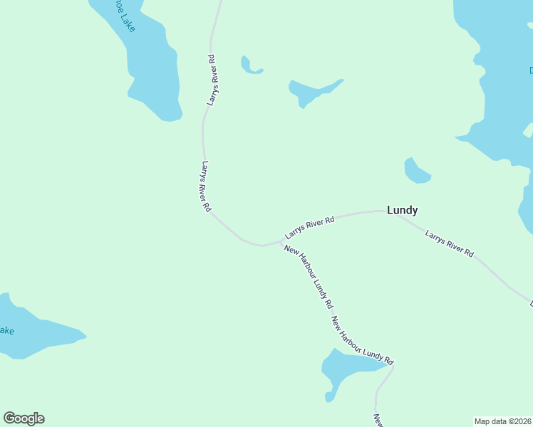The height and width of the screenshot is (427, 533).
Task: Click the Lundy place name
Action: pyautogui.click(x=402, y=210)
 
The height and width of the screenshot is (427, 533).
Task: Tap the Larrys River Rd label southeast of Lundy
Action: pyautogui.click(x=449, y=243)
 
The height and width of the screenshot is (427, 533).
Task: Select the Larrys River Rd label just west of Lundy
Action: pyautogui.click(x=309, y=228)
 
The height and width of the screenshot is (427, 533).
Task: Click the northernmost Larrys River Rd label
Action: pyautogui.click(x=212, y=80)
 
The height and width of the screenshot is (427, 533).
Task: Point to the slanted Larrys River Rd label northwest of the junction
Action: pyautogui.click(x=206, y=187)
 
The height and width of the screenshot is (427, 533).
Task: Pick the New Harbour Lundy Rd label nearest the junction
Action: pyautogui.click(x=309, y=276)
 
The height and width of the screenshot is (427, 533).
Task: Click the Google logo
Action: pyautogui.click(x=24, y=418)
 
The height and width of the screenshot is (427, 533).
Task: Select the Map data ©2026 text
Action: pyautogui.click(x=502, y=421)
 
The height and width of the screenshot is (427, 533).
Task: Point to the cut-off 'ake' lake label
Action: pyautogui.click(x=6, y=331)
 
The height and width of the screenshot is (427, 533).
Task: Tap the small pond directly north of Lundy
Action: pyautogui.click(x=415, y=172)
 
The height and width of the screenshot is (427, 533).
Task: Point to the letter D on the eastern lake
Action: pyautogui.click(x=531, y=70)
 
